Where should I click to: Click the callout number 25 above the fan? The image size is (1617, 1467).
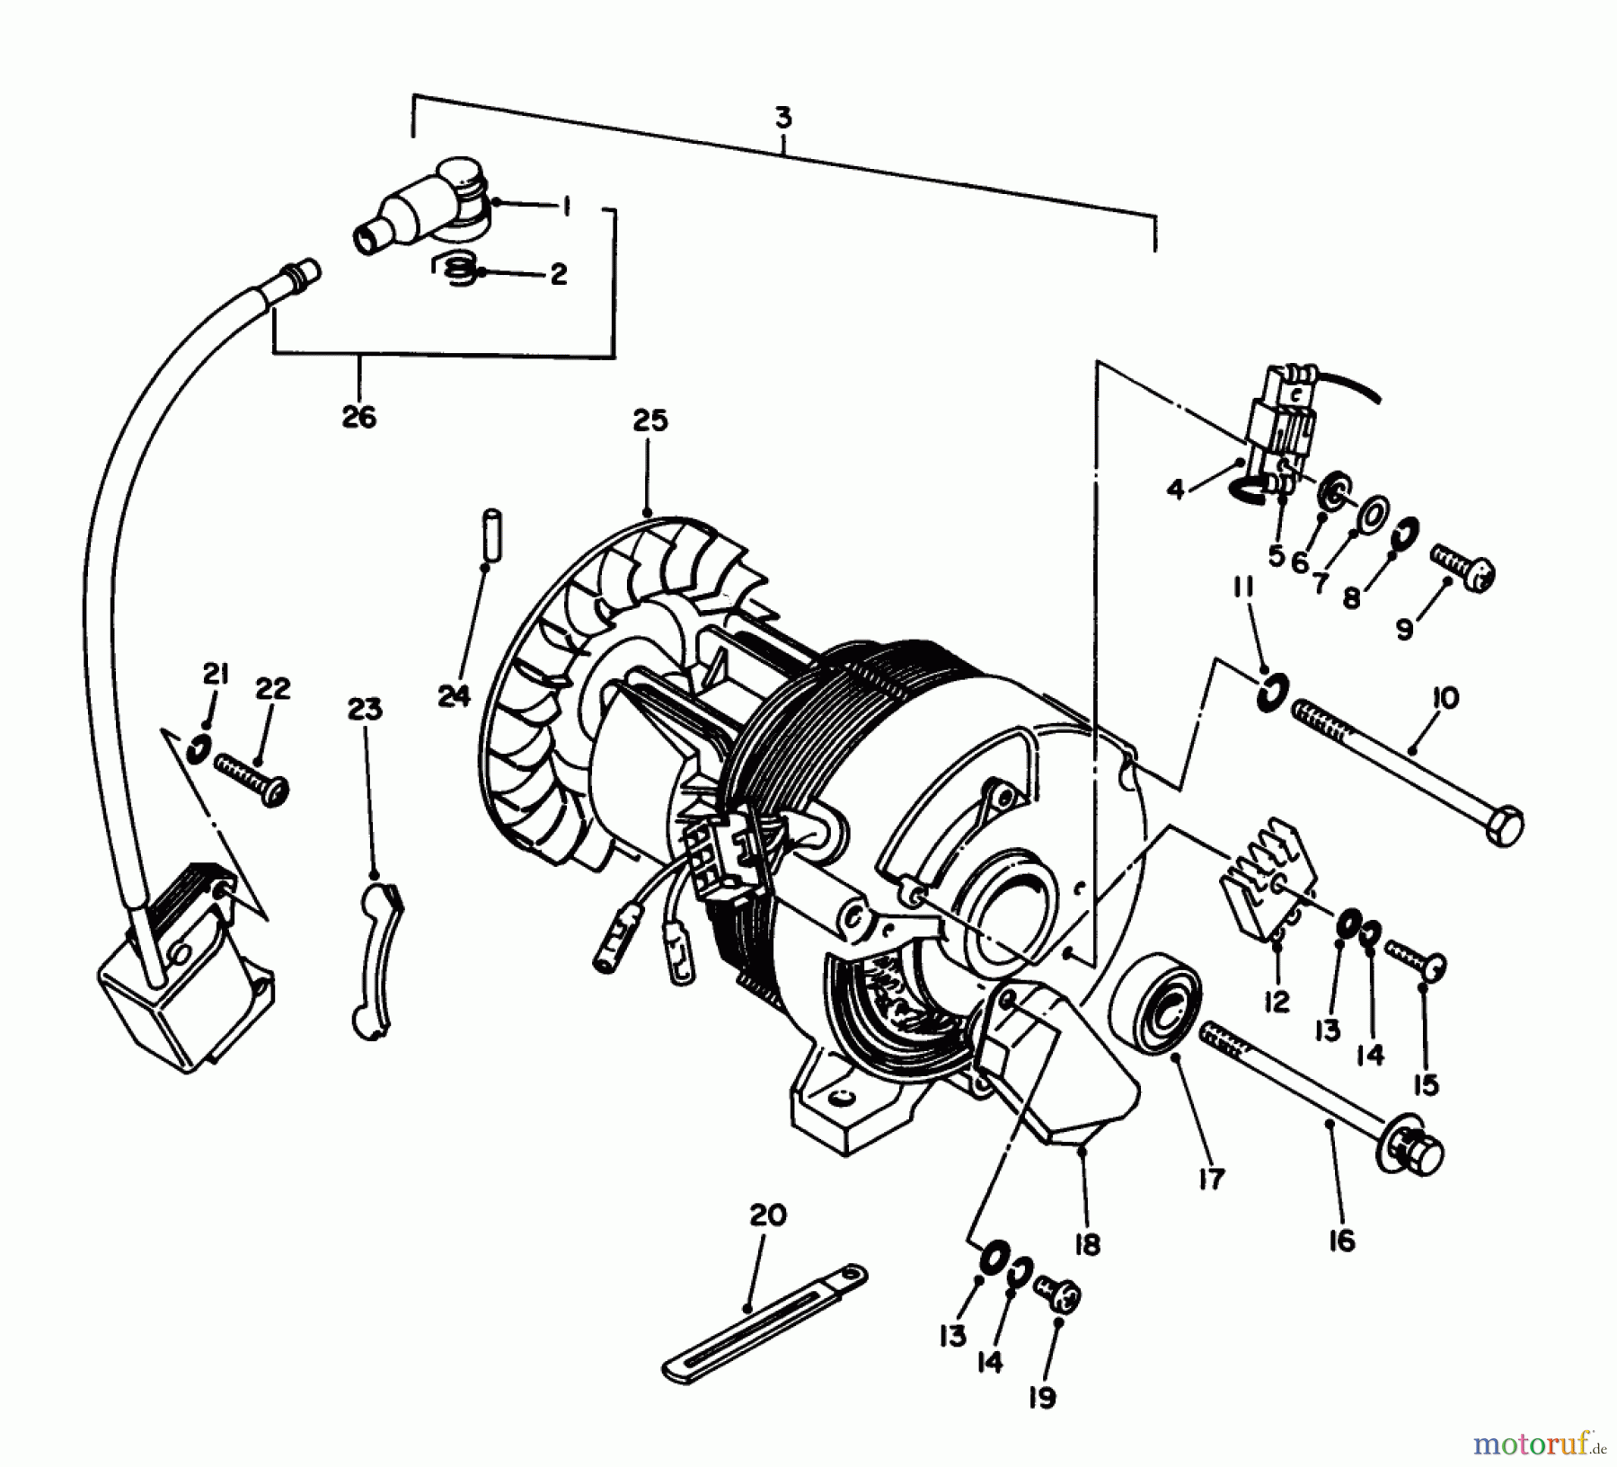(650, 420)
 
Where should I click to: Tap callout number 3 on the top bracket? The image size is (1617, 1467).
(782, 119)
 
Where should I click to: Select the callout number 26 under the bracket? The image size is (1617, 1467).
(359, 417)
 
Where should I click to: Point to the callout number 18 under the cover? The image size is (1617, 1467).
(1086, 1244)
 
